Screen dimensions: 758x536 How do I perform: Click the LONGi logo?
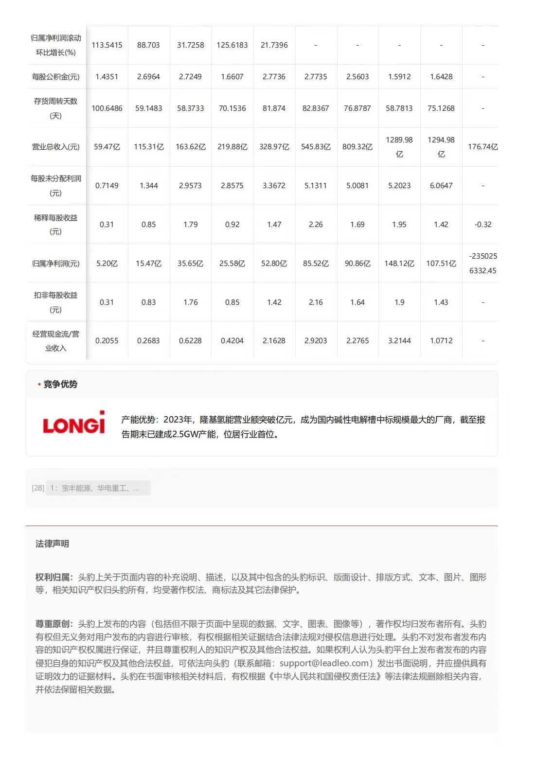pos(74,423)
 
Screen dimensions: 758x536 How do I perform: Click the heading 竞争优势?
pos(60,384)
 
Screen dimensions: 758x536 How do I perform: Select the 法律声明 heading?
pos(52,544)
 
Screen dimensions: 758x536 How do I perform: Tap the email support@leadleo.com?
pos(324,663)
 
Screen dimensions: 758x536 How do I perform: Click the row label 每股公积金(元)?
pos(56,77)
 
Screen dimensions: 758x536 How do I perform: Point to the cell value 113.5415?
pos(107,45)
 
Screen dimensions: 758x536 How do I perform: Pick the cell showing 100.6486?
pos(107,108)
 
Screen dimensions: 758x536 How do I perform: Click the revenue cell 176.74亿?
pos(482,147)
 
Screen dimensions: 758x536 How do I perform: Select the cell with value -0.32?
pos(482,225)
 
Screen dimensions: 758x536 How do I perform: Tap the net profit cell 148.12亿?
pos(399,264)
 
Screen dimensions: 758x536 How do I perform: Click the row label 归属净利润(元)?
pos(56,264)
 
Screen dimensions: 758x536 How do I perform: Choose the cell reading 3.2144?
pos(399,341)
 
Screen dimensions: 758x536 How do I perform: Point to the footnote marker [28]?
pos(38,488)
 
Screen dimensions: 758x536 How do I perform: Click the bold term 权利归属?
pos(54,577)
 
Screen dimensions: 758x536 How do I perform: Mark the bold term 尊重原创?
pos(54,624)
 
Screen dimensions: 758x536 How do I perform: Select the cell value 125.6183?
pos(232,45)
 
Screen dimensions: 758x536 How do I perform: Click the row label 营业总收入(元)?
pos(56,147)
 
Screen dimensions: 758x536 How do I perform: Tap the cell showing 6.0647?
pos(441,186)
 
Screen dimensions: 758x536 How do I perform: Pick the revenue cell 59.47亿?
pos(107,147)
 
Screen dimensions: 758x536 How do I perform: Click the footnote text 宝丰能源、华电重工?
pos(95,488)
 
